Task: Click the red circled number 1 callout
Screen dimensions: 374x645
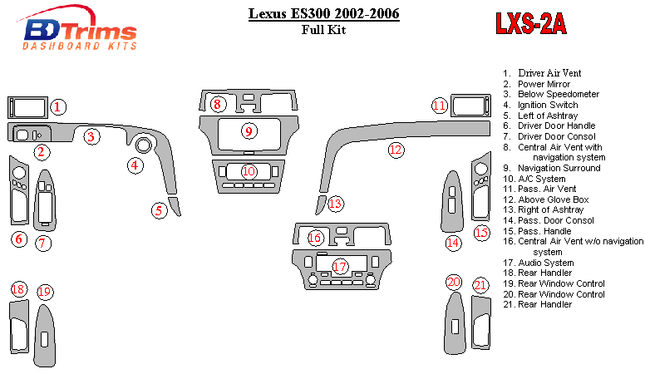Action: click(x=57, y=107)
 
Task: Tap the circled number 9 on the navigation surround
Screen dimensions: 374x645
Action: click(x=248, y=130)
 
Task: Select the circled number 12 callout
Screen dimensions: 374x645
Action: click(x=396, y=150)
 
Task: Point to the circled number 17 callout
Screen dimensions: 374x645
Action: click(x=339, y=266)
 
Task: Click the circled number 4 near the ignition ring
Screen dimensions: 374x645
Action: click(x=135, y=165)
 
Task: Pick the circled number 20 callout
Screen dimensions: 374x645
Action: click(x=453, y=283)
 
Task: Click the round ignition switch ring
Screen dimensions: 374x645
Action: click(x=144, y=146)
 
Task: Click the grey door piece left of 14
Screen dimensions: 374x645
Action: click(x=452, y=203)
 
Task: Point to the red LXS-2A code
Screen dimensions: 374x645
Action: click(x=531, y=25)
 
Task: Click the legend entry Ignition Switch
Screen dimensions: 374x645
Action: click(x=548, y=106)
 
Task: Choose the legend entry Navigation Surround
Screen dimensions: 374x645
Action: click(x=559, y=168)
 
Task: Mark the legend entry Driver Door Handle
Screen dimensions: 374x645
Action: click(x=556, y=126)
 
